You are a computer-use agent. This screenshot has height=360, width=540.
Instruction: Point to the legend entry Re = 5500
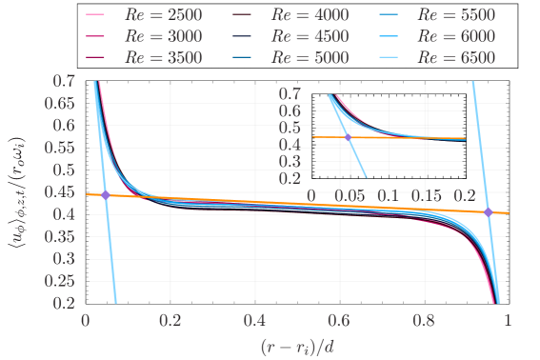point(471,16)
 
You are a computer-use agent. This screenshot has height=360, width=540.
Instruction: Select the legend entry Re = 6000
point(471,36)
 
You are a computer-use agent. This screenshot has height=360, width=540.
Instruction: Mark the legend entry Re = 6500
point(471,56)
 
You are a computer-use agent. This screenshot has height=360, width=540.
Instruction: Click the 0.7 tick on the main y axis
point(67,82)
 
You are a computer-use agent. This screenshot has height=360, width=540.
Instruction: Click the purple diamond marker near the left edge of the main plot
point(105,194)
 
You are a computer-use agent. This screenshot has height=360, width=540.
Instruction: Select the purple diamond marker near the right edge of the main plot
point(489,211)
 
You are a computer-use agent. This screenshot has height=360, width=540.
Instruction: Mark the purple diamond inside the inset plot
point(348,138)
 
